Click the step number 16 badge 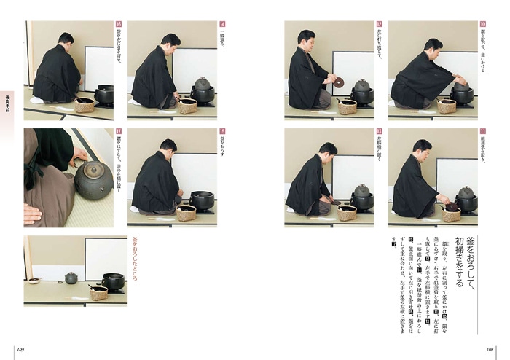(x=119, y=24)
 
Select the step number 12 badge (x=379, y=24)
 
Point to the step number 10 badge (x=482, y=24)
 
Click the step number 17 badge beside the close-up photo (x=119, y=132)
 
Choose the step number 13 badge (x=379, y=132)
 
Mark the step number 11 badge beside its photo (x=482, y=132)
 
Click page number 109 (x=21, y=348)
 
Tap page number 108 (x=490, y=348)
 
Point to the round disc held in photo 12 (x=340, y=81)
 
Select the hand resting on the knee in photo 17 (x=33, y=214)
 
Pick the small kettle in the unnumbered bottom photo (x=71, y=278)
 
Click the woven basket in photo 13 (x=347, y=213)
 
